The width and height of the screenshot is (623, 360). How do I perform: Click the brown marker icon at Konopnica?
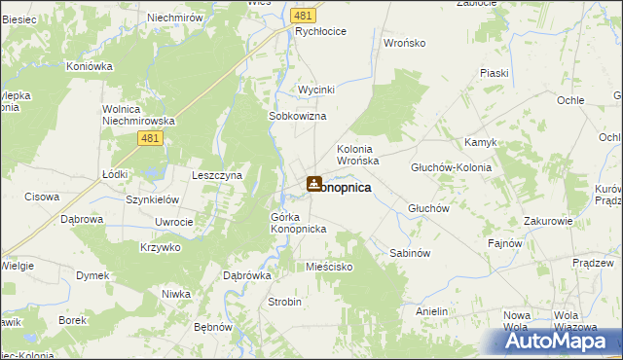313,183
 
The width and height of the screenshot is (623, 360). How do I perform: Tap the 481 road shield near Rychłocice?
303,17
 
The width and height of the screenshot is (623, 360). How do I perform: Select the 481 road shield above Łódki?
149,140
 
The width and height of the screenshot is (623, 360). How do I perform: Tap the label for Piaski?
494,73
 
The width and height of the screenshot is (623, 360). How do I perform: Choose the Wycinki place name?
316,90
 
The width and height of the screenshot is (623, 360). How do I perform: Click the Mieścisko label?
328,266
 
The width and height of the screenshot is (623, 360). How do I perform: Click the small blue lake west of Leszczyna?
151,176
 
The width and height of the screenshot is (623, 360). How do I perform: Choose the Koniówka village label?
90,66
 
